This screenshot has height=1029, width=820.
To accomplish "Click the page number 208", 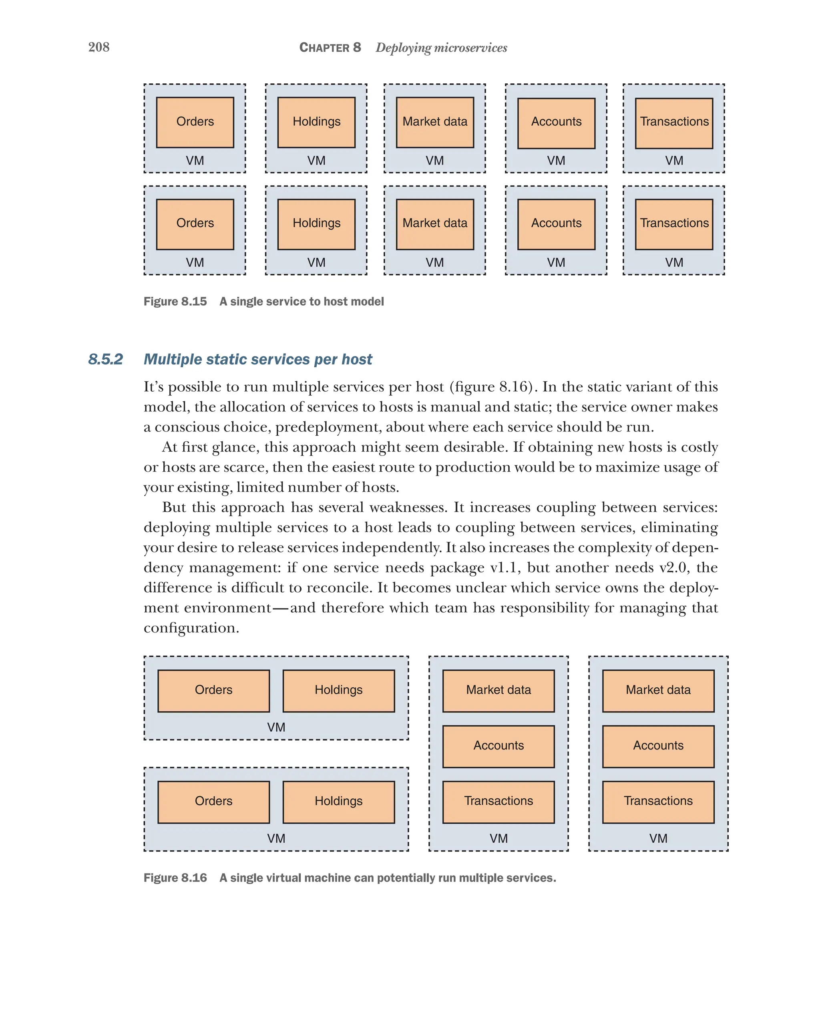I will point(99,47).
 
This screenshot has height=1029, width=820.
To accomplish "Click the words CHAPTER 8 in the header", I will point(330,48).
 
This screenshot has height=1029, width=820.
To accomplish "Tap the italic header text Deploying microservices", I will point(441,48).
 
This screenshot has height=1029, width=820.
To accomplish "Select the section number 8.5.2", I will point(105,359).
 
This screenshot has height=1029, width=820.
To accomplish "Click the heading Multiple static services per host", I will point(257,359).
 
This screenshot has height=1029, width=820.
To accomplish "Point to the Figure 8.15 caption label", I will point(175,302).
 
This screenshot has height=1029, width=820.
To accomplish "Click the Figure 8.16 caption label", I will point(175,878).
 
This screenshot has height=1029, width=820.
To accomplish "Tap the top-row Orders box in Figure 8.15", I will point(195,122).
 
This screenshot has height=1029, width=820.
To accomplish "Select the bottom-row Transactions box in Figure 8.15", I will point(673,224).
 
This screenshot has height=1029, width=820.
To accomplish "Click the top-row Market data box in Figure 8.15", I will point(434,122).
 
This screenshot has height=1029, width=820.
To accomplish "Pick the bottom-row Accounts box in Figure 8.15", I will point(556,224).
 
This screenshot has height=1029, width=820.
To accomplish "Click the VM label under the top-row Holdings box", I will point(316,161).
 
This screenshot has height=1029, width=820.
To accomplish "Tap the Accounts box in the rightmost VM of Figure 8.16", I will point(658,746).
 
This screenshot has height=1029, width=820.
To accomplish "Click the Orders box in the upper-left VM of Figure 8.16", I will point(213,690).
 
